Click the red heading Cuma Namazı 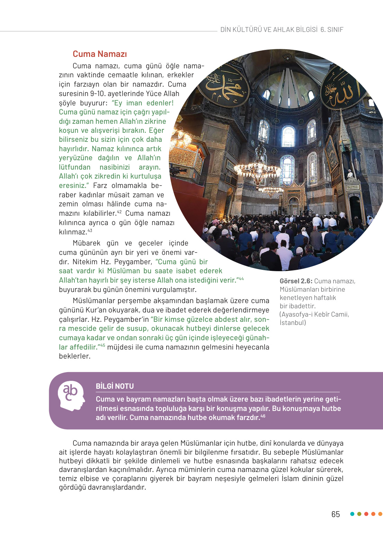coord(100,54)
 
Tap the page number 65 coord(336,514)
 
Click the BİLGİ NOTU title coord(115,386)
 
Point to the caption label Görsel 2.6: coord(296,281)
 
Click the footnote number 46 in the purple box coord(263,416)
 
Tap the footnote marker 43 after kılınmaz coord(90,230)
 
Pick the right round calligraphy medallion coord(341,89)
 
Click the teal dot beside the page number coord(352,514)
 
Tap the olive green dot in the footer coord(359,514)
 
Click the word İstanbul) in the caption coord(293,323)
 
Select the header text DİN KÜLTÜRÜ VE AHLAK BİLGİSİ coord(269,30)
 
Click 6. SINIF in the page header coord(332,30)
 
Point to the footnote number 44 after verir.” coord(241,278)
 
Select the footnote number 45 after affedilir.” coord(103,345)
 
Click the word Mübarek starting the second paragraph coord(87,243)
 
